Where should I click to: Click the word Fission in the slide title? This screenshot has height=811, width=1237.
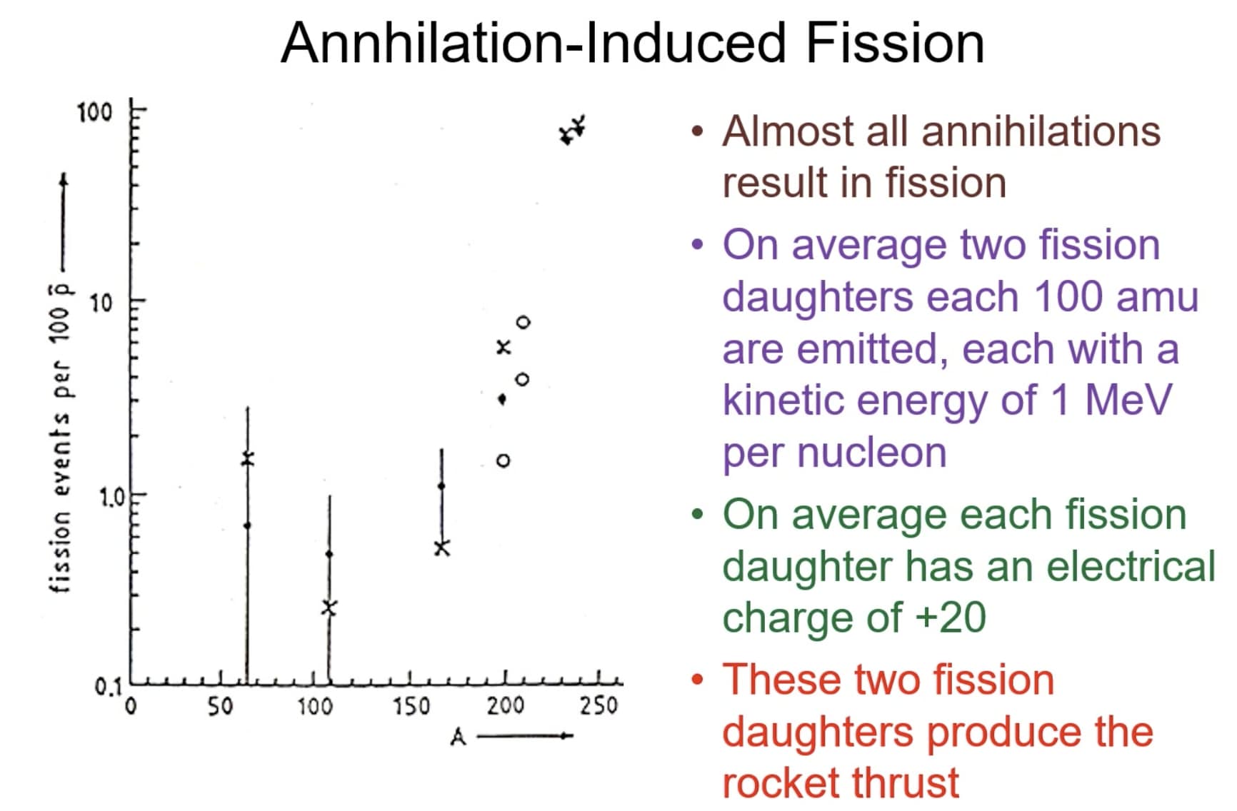pyautogui.click(x=895, y=43)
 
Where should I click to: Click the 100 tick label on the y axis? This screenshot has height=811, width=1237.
pyautogui.click(x=95, y=112)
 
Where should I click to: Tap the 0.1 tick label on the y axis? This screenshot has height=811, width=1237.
pyautogui.click(x=109, y=687)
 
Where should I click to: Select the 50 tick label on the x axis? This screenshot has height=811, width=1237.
pyautogui.click(x=220, y=707)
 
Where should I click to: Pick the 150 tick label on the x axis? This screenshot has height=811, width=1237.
pyautogui.click(x=411, y=707)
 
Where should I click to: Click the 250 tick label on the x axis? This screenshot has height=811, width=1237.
pyautogui.click(x=599, y=705)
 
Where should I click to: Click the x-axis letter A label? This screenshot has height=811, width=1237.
pyautogui.click(x=458, y=737)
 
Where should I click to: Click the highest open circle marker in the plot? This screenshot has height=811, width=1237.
pyautogui.click(x=524, y=323)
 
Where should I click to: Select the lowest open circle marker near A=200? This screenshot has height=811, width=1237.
pyautogui.click(x=504, y=460)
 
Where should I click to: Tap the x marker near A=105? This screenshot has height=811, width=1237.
pyautogui.click(x=329, y=608)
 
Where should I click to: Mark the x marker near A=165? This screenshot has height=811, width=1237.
pyautogui.click(x=442, y=548)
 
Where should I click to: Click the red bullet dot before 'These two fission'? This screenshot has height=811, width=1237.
pyautogui.click(x=698, y=680)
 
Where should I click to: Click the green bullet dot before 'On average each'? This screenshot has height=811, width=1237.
pyautogui.click(x=698, y=514)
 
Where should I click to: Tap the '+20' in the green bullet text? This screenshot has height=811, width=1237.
pyautogui.click(x=951, y=618)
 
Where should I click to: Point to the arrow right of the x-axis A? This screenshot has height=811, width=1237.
pyautogui.click(x=525, y=736)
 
